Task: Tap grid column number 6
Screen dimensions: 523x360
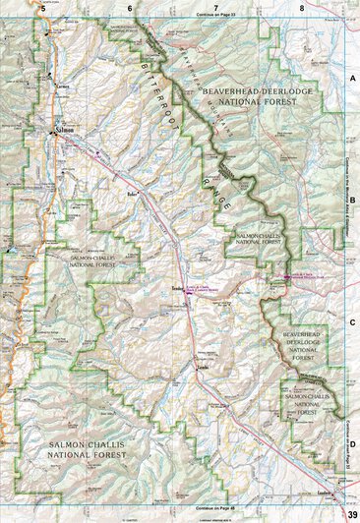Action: (129, 6)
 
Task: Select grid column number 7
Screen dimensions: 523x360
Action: (215, 6)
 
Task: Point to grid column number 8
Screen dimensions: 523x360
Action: (302, 6)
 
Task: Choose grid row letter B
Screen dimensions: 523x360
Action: (351, 197)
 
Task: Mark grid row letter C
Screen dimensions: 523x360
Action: (351, 320)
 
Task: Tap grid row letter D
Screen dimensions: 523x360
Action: (351, 443)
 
